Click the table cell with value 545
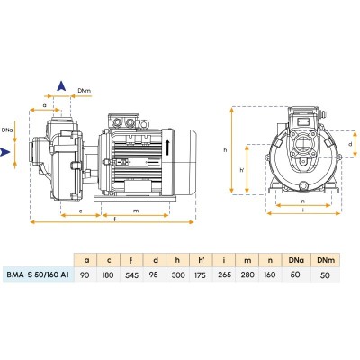point(132,274)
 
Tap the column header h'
point(201,260)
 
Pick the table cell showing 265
point(224,274)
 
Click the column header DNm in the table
point(326,260)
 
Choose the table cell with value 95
point(155,274)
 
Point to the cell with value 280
point(247,274)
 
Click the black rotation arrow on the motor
point(168,147)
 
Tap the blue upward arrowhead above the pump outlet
point(61,86)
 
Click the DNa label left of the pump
point(7,130)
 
